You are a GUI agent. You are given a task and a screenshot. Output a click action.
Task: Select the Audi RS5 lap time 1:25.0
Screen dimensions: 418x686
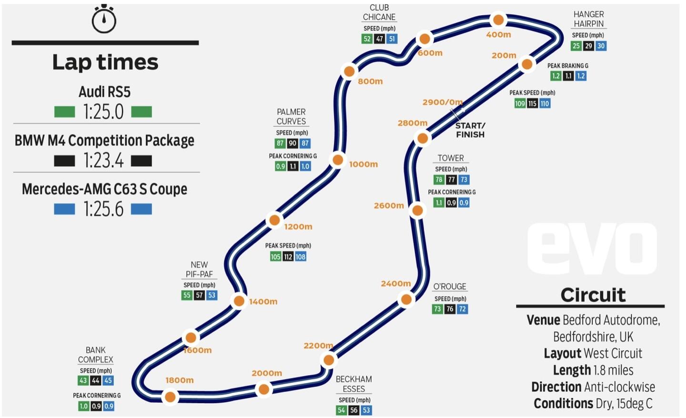pyautogui.click(x=103, y=112)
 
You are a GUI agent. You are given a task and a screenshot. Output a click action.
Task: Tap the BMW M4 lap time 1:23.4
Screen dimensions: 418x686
pyautogui.click(x=103, y=161)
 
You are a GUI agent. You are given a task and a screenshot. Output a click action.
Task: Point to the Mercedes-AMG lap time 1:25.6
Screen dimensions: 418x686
pyautogui.click(x=103, y=209)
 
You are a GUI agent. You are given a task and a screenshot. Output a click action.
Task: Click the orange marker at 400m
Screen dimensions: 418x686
pyautogui.click(x=498, y=20)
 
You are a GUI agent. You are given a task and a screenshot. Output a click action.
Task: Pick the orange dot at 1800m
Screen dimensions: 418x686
pyautogui.click(x=170, y=397)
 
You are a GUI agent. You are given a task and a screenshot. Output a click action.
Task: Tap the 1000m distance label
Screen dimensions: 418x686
pyautogui.click(x=363, y=164)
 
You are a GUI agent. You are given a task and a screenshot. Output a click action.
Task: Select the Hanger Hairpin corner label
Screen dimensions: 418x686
pyautogui.click(x=588, y=19)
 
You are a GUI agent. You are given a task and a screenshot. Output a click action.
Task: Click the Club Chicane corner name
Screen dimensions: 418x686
pyautogui.click(x=379, y=12)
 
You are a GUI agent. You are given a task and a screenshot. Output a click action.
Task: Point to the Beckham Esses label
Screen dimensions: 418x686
pyautogui.click(x=353, y=384)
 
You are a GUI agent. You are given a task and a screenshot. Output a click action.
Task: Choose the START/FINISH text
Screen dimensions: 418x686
pyautogui.click(x=470, y=130)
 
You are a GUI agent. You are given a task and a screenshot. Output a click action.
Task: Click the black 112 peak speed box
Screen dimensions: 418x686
pyautogui.click(x=288, y=257)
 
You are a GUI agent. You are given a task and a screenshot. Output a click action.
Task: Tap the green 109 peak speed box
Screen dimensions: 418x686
pyautogui.click(x=520, y=103)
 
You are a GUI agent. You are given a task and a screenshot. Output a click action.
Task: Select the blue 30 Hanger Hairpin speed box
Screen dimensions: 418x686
pyautogui.click(x=601, y=46)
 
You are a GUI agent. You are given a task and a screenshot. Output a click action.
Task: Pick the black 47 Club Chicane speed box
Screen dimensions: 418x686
pyautogui.click(x=379, y=39)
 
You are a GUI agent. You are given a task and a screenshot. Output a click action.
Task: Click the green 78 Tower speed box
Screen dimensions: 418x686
pyautogui.click(x=439, y=179)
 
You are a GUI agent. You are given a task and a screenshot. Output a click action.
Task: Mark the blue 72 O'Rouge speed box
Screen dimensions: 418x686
pyautogui.click(x=462, y=309)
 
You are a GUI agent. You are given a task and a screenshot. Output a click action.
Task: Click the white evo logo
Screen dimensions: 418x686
pyautogui.click(x=592, y=249)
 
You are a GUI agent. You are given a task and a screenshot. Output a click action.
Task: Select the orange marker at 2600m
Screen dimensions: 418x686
pyautogui.click(x=417, y=210)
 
